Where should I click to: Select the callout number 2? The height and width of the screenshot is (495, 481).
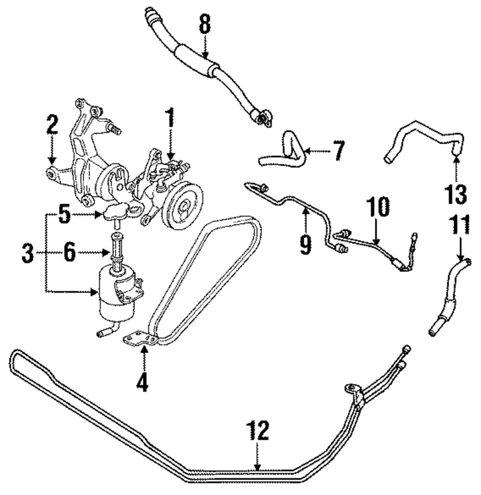point(52,126)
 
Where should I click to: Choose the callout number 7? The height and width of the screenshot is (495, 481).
point(338,152)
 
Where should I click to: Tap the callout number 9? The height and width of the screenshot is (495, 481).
point(305,244)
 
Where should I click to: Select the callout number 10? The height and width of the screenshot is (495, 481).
point(378,208)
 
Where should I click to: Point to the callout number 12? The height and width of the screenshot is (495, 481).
point(258,432)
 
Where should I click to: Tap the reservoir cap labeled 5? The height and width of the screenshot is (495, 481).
point(116,211)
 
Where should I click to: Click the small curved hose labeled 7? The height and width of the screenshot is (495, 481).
point(284,150)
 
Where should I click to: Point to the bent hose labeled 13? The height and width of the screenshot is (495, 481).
point(423,136)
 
